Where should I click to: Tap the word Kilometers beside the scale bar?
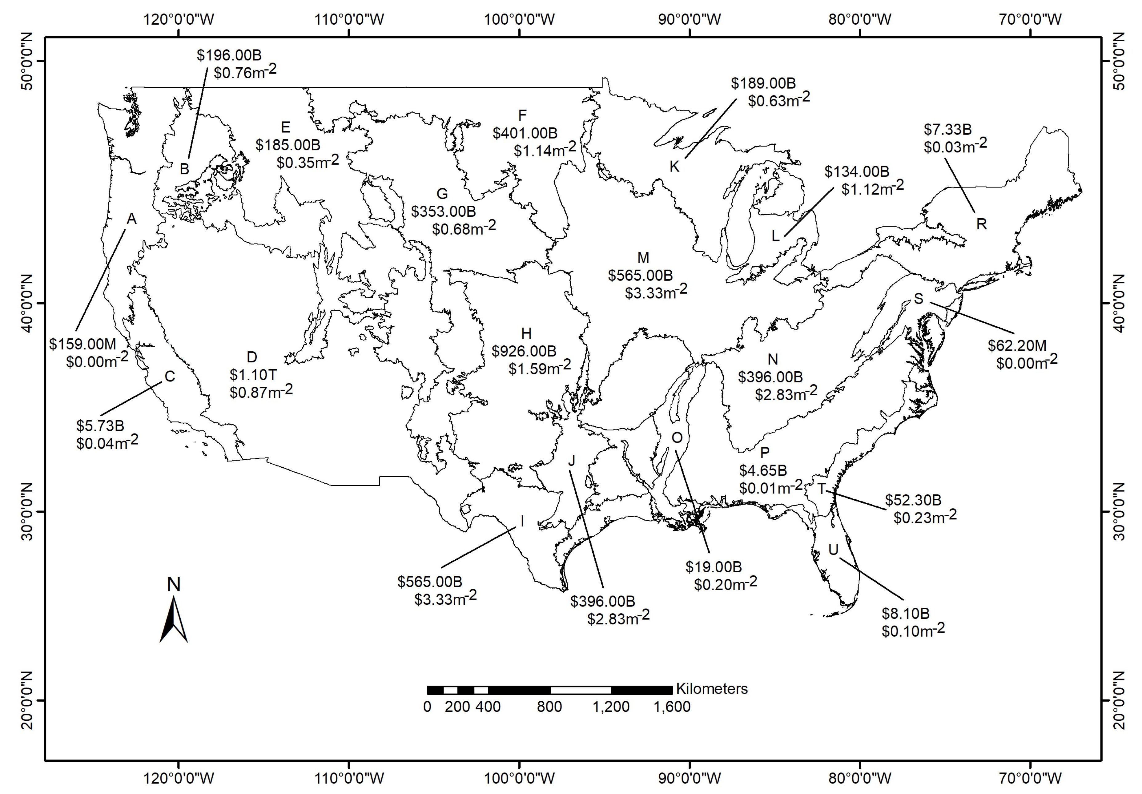pos(711,689)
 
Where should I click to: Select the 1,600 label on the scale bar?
pos(672,707)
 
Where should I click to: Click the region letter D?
pos(252,357)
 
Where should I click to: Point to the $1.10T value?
pos(253,375)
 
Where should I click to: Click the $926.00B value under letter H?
pos(524,351)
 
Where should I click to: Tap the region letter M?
pos(643,258)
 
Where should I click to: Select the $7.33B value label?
pos(947,129)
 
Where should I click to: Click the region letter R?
pos(981,224)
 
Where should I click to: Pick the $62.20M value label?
pos(1017,345)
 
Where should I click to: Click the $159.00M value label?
pos(82,344)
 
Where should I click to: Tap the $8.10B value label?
pos(906,613)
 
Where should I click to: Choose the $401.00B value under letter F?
pos(525,133)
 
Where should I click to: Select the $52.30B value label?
pos(913,500)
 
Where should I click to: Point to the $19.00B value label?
pos(714,567)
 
